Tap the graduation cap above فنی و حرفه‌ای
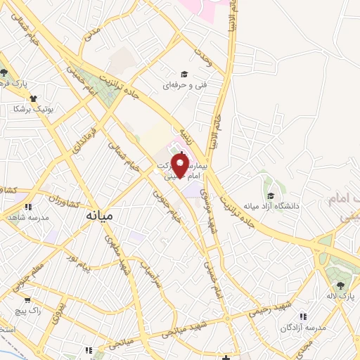pos(184,74)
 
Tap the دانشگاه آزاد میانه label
pos(271,206)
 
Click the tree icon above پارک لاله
pos(341,285)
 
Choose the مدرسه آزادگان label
pos(303,328)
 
